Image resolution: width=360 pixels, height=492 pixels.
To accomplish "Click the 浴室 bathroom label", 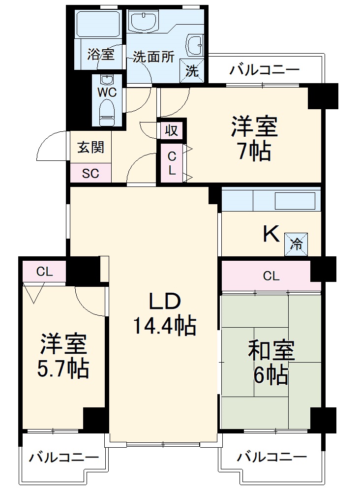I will coord(101,54).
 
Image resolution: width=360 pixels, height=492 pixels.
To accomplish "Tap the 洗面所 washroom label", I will coord(153,57).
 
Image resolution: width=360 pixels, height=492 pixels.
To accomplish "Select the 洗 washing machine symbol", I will coord(192,71).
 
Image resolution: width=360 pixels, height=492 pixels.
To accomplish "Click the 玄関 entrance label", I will coord(90,147).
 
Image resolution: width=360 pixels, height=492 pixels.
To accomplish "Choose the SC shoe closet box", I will coord(90,173).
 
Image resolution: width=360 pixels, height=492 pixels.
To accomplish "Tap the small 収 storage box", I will coord(171,131).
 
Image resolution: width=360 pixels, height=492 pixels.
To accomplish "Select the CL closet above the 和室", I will coord(270,277).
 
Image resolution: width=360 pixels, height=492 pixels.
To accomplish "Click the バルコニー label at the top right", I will coord(264,70).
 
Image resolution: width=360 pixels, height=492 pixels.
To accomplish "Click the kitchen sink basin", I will coord(294,201).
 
